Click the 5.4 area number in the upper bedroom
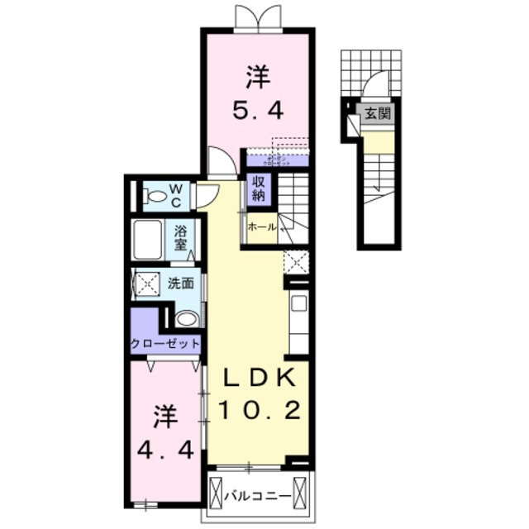pos(255,109)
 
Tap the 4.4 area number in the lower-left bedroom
pos(166,450)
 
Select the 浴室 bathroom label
pos(180,236)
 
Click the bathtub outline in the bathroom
pos(147,241)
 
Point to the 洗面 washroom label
pos(181,283)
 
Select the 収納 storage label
pos(258,189)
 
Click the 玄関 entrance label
pos(379,114)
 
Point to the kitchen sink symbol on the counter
pos(298,303)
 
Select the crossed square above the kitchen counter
pos(296,261)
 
